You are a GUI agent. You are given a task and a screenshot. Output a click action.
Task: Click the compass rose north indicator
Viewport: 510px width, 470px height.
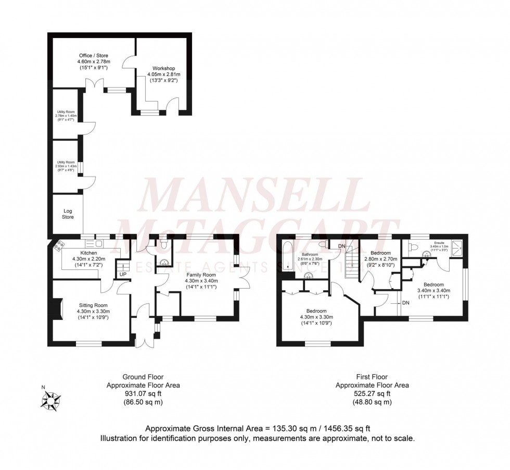click(51, 401)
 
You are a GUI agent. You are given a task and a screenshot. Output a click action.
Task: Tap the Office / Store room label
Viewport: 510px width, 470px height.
click(94, 55)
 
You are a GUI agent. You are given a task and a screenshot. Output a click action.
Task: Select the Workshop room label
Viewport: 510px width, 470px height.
click(163, 68)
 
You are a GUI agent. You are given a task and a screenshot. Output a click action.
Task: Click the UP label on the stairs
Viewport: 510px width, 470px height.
click(123, 274)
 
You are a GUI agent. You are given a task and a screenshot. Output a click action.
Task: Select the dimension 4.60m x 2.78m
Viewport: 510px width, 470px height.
click(94, 61)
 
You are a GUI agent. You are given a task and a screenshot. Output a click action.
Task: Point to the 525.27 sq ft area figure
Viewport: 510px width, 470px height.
click(372, 393)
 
